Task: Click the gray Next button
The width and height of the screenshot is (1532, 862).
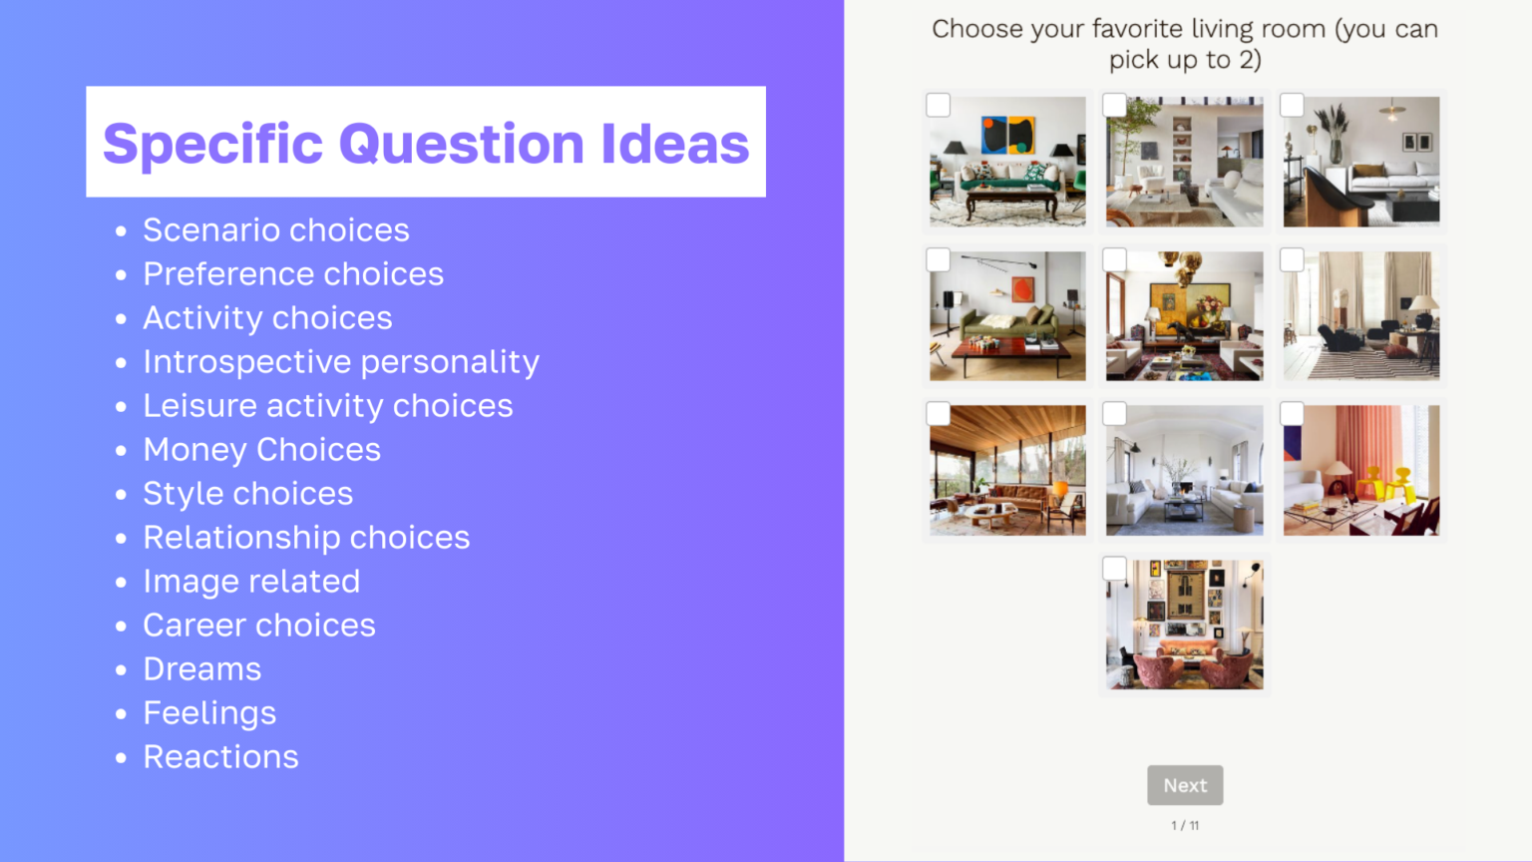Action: pyautogui.click(x=1185, y=785)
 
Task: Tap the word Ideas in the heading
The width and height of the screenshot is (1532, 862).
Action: pyautogui.click(x=674, y=144)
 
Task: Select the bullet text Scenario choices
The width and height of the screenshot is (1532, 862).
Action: pyautogui.click(x=276, y=230)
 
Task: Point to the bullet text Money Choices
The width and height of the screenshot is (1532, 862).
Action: pyautogui.click(x=261, y=450)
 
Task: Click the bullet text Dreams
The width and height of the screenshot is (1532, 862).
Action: pyautogui.click(x=202, y=669)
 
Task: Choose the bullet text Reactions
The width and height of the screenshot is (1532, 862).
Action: pyautogui.click(x=220, y=757)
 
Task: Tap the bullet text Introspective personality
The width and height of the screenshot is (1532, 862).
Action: pyautogui.click(x=341, y=362)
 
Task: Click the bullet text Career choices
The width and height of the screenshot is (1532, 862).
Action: pyautogui.click(x=259, y=626)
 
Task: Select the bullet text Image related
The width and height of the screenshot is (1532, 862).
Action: pyautogui.click(x=251, y=582)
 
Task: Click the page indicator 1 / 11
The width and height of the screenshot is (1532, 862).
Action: pyautogui.click(x=1185, y=826)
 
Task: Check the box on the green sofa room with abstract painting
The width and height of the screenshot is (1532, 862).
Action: pyautogui.click(x=939, y=106)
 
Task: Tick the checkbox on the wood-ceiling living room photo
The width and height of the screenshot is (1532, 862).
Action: pyautogui.click(x=939, y=414)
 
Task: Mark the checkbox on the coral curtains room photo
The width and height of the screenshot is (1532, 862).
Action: pyautogui.click(x=1292, y=414)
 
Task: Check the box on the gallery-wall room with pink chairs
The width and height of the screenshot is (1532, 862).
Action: pyautogui.click(x=1115, y=569)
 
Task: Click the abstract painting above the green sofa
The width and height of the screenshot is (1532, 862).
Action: pyautogui.click(x=1007, y=135)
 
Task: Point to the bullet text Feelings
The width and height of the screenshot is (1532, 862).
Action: pyautogui.click(x=209, y=713)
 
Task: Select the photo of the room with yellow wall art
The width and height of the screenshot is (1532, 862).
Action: pyautogui.click(x=1185, y=316)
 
